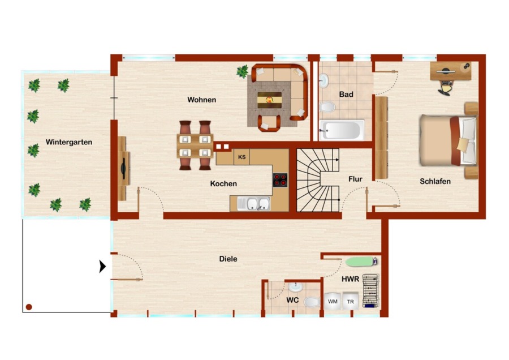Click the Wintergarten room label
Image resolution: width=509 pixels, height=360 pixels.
[69, 142]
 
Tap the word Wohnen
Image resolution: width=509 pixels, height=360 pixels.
[201, 100]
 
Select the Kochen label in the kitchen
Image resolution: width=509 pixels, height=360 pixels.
[223, 183]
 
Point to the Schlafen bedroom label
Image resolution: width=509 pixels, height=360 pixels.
[435, 181]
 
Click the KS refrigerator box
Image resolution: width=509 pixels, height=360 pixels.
[242, 157]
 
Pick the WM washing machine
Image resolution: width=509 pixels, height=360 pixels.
[333, 301]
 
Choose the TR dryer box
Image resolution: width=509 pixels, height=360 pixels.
[351, 301]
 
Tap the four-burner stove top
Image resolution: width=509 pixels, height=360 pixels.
[280, 180]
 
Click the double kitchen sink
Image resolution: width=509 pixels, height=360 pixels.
[254, 204]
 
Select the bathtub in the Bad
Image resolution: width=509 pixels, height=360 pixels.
[342, 130]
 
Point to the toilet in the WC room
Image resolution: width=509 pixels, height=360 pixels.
[312, 302]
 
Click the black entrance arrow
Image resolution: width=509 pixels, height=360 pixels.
[102, 267]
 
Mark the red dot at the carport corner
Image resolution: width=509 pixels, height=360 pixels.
[29, 307]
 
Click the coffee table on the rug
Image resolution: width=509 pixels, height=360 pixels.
[269, 100]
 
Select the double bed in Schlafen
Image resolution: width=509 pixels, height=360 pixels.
[448, 140]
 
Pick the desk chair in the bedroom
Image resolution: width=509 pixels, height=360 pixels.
[446, 88]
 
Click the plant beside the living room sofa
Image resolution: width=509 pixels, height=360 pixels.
[242, 71]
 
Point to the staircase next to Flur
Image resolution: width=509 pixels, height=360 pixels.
[318, 181]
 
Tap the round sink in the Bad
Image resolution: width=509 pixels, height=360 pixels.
[324, 80]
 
